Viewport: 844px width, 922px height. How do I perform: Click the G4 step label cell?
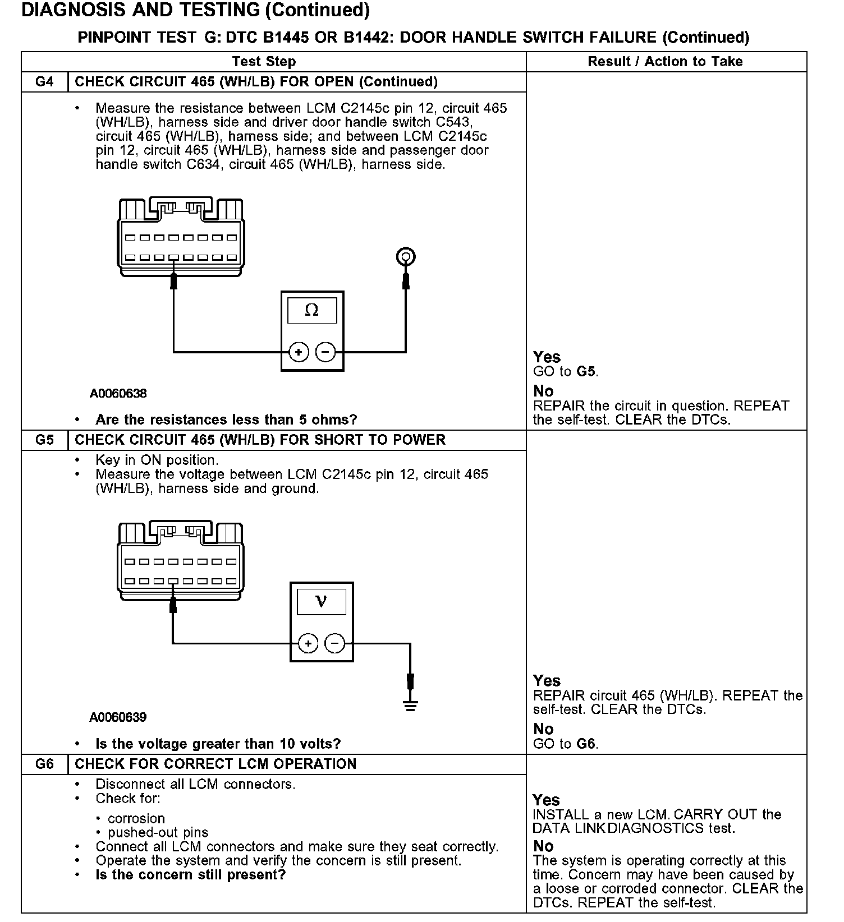pos(44,82)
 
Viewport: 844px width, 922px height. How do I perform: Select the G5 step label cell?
pos(44,440)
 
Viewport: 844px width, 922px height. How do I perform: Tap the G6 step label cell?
pos(44,764)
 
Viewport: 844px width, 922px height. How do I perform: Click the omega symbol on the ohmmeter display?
pos(311,310)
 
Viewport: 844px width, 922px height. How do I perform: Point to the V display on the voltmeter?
pos(321,601)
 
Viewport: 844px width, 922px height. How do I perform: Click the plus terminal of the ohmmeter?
pos(299,352)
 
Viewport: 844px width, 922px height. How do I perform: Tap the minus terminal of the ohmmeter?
pos(325,352)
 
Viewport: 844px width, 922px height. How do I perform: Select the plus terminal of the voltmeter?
pos(308,643)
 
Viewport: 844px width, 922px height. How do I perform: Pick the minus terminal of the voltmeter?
pos(335,643)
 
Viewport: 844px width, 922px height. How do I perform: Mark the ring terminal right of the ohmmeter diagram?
pos(405,257)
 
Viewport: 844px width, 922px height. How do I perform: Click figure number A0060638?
pos(118,394)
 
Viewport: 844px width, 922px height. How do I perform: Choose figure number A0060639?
pos(118,717)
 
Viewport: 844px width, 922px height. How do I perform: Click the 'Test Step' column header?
pos(264,62)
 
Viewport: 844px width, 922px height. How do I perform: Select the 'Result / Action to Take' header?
pos(665,62)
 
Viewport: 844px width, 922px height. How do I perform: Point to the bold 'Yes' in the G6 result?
pos(546,800)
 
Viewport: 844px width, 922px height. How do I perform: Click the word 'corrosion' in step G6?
pos(136,818)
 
